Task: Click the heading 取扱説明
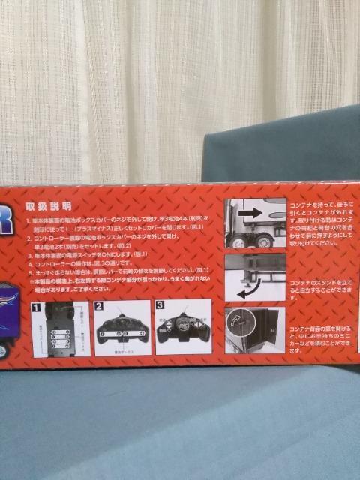coord(49,205)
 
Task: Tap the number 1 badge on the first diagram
coord(34,306)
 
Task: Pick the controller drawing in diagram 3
coord(181,330)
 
